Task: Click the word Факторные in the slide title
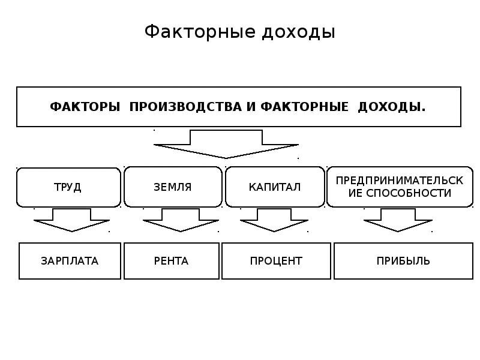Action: pos(200,32)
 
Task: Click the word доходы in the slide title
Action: pos(298,33)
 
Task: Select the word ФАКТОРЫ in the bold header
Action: pos(85,107)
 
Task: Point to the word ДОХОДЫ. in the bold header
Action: pos(392,107)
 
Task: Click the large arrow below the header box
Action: pos(226,144)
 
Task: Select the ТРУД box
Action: pos(68,187)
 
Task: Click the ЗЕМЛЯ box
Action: pos(173,187)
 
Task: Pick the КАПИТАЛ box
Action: pos(275,187)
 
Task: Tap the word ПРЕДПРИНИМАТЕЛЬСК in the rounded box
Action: pos(400,181)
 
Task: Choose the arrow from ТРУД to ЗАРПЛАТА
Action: pos(71,220)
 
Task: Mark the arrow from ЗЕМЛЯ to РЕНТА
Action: pos(181,220)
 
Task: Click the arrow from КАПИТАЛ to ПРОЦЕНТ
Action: pos(274,220)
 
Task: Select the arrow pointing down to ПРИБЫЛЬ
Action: pos(398,220)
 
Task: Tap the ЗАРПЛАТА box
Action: pos(70,261)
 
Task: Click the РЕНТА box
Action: pos(172,261)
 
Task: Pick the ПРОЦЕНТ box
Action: pos(276,261)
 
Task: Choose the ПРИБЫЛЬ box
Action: pos(403,261)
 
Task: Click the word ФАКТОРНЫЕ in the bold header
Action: pos(305,107)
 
